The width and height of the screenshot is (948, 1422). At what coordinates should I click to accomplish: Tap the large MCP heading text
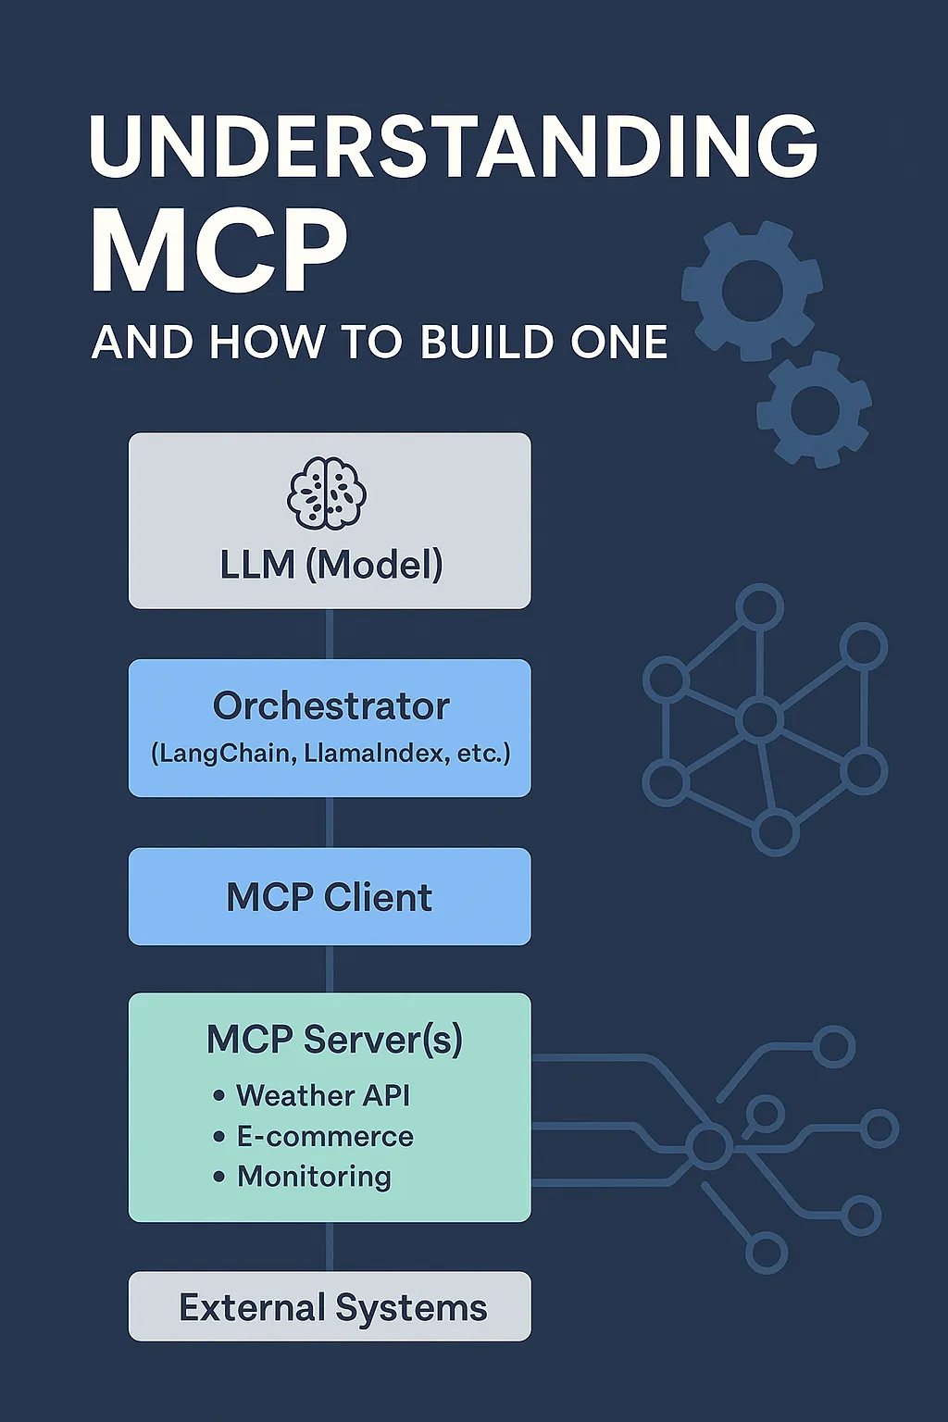(219, 251)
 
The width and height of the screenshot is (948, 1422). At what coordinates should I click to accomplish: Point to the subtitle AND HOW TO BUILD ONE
(380, 343)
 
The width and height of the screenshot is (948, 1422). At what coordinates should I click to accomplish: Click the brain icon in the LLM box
(327, 493)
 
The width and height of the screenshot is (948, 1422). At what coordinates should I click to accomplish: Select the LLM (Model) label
(331, 565)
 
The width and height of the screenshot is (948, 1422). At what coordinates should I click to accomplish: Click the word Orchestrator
(331, 706)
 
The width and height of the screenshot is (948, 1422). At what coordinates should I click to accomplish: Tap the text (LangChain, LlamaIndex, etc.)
(331, 754)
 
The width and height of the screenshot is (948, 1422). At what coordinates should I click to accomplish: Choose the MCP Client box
(330, 897)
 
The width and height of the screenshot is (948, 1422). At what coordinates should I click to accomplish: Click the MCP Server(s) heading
(334, 1039)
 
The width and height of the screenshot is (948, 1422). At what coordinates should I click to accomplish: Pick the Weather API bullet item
(322, 1095)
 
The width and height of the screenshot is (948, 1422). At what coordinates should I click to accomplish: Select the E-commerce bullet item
(324, 1136)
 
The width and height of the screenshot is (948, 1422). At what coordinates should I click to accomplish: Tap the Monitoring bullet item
(314, 1177)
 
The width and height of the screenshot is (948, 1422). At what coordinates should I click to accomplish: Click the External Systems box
(330, 1307)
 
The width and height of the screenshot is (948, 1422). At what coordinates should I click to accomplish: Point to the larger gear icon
(752, 290)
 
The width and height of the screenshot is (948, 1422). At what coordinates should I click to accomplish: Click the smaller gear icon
(815, 408)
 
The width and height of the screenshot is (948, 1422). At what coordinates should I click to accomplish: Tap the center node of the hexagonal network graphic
(760, 718)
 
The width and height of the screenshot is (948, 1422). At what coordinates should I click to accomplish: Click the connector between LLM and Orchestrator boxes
(331, 634)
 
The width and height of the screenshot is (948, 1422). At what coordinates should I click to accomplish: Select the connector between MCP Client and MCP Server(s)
(331, 969)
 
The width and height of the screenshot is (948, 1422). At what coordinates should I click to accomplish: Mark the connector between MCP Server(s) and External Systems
(331, 1247)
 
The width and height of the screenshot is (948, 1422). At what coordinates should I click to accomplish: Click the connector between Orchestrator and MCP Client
(331, 823)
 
